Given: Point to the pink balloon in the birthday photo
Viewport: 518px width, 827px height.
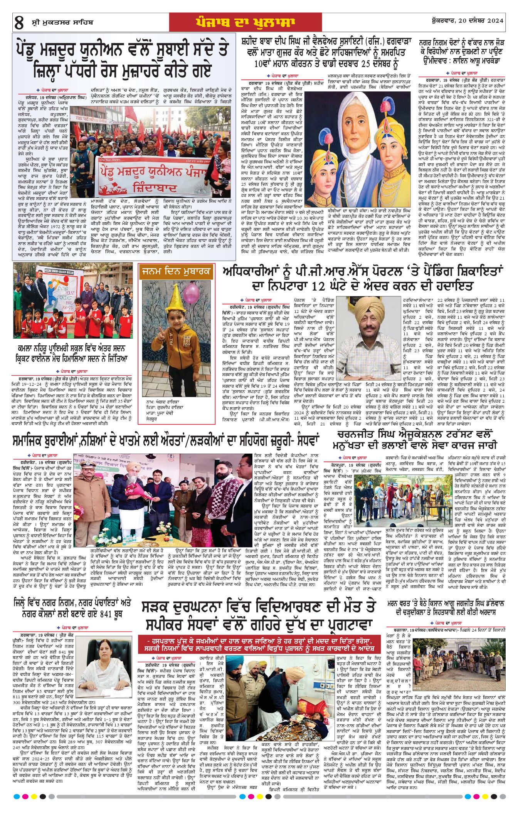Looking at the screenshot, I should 191,293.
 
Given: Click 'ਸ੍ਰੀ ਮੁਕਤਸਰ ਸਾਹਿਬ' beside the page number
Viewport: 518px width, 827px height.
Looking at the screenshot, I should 62,22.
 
